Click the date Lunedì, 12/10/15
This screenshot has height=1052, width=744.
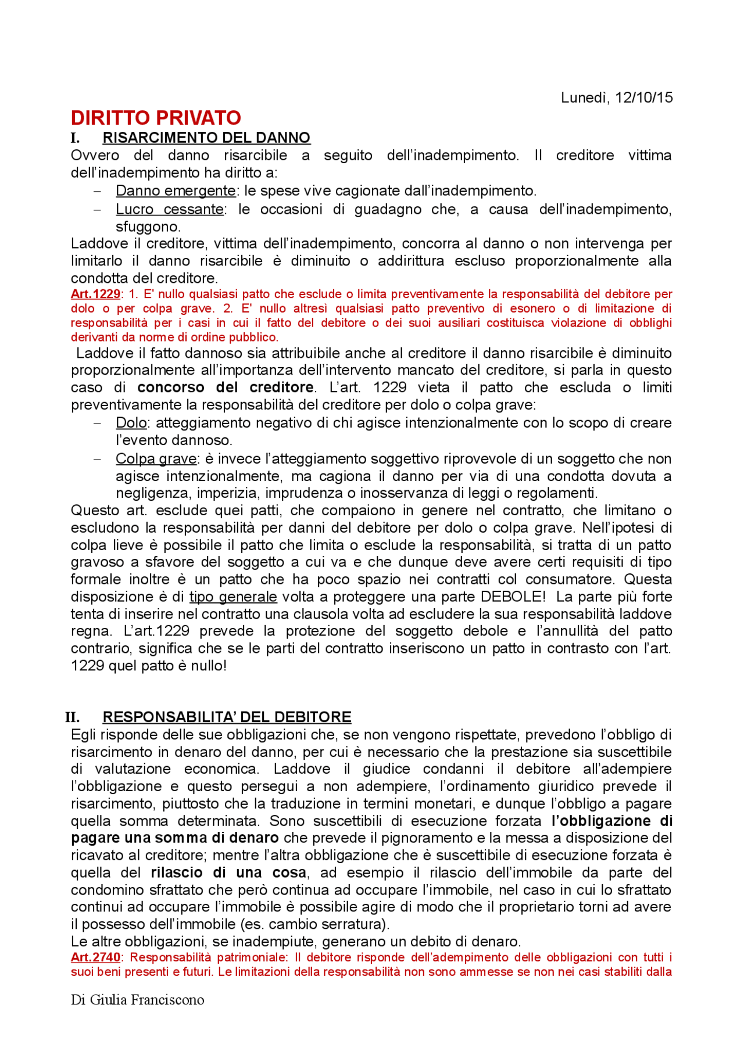616,98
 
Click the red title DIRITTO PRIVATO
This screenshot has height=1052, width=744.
156,118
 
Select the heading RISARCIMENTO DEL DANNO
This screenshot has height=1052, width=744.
206,138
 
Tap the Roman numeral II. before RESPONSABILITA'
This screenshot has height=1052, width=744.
73,717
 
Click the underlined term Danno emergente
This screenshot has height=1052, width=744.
176,191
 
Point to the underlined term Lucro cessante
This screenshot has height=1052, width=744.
170,209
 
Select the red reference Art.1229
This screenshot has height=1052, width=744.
95,294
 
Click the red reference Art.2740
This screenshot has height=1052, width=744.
95,957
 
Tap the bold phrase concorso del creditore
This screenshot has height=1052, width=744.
226,387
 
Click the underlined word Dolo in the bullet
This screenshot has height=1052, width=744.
131,423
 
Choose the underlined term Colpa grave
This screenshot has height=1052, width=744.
156,459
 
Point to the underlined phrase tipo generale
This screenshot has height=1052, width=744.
233,597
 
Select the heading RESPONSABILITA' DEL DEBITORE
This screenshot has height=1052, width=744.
227,717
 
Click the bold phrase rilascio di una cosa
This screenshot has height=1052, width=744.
228,873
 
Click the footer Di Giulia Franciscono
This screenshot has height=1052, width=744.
137,1000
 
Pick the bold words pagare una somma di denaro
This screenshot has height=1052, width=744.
174,838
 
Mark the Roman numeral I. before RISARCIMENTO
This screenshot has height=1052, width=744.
75,138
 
